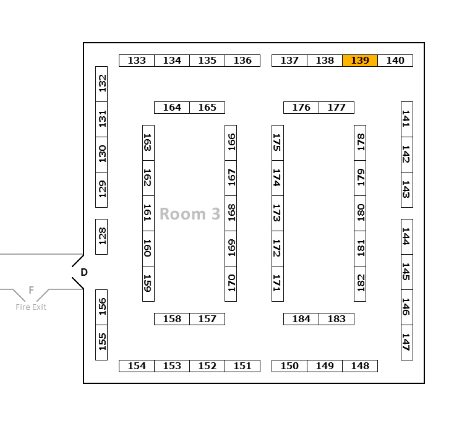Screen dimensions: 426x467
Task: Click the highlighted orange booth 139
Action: point(360,61)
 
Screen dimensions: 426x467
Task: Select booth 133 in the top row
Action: point(137,61)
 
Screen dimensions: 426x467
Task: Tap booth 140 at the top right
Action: point(395,61)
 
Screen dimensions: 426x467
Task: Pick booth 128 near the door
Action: point(101,236)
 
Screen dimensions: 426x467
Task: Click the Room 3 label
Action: point(190,214)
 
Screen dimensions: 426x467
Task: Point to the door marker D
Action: point(84,272)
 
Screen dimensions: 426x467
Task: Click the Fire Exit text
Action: point(31,307)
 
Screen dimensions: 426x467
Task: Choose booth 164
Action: point(172,108)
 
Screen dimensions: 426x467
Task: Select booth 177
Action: point(336,108)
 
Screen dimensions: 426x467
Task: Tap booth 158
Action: point(172,319)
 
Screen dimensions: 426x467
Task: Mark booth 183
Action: point(336,319)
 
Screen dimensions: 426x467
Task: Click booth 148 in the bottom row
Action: point(360,366)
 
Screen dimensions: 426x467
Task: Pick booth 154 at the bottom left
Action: point(137,366)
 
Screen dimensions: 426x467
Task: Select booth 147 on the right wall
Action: point(406,342)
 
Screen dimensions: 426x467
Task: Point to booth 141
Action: point(406,119)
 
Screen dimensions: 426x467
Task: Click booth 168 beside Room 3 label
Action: point(231,213)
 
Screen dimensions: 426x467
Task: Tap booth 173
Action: point(278,213)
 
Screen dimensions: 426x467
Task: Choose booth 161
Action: point(148,213)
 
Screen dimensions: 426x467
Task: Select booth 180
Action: point(360,213)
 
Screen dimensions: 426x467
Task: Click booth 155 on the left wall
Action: point(101,342)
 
